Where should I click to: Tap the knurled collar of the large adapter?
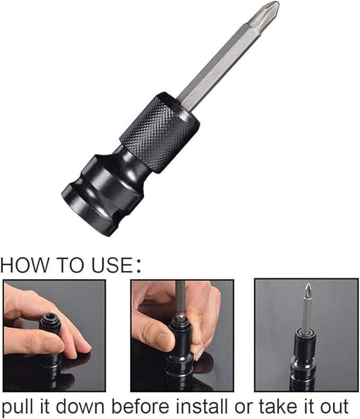click(x=160, y=132)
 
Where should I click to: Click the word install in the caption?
click(x=202, y=406)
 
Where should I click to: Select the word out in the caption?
click(x=335, y=407)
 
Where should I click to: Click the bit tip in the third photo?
click(x=309, y=289)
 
